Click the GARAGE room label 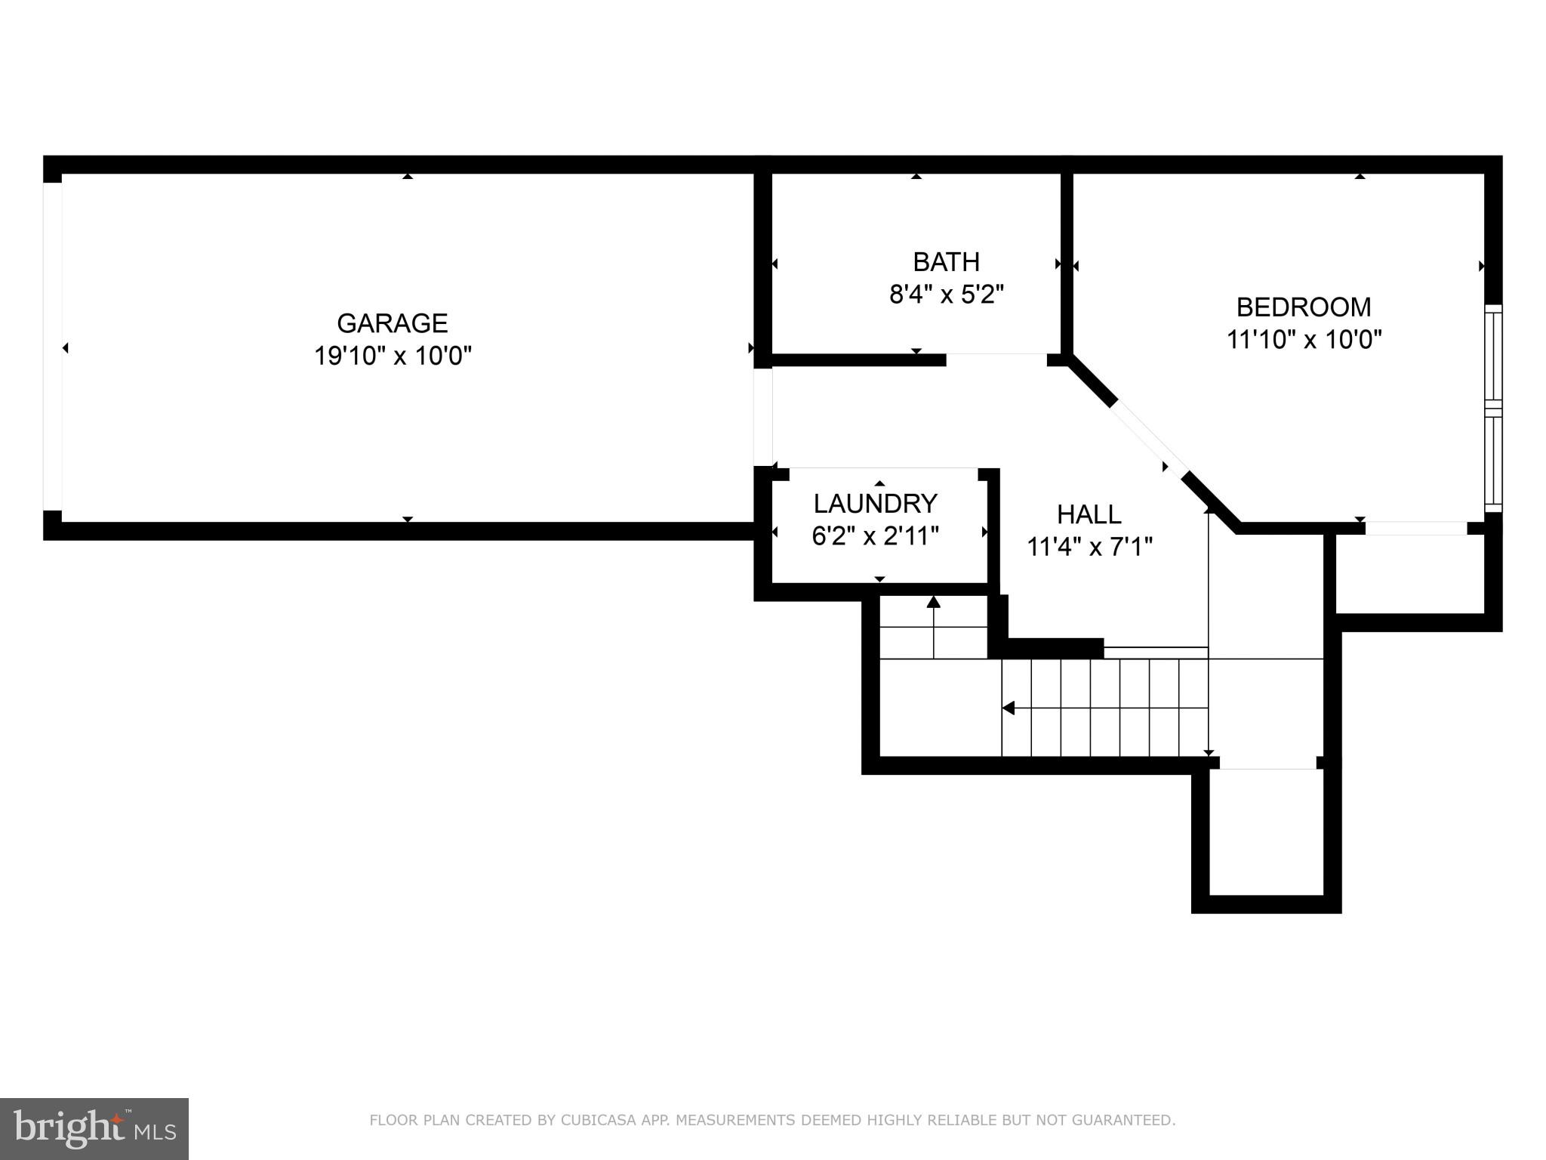tap(392, 323)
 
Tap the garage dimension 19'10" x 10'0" tap(392, 356)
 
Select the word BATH tap(946, 262)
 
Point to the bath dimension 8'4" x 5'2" tap(946, 295)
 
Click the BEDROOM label tap(1303, 307)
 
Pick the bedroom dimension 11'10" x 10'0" tap(1303, 340)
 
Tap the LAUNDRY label tap(875, 504)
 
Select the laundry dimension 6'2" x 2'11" tap(875, 536)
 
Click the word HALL tap(1089, 515)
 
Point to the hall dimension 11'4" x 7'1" tap(1089, 547)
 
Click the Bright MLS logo tap(94, 1128)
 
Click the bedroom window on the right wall tap(1492, 409)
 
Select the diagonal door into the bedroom tap(1147, 438)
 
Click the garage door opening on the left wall tap(52, 347)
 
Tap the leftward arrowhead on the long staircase tap(1008, 708)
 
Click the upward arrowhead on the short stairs tap(934, 602)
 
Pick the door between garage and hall tap(763, 417)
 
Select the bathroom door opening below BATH tap(996, 359)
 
